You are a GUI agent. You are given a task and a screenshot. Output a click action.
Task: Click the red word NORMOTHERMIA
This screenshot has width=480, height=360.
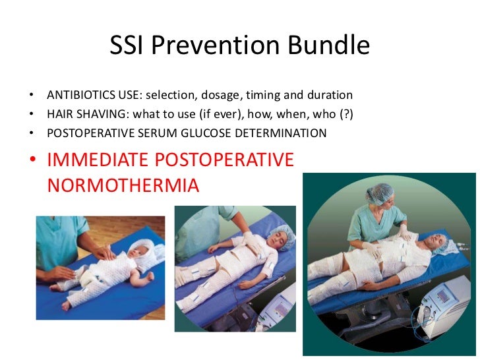[x=123, y=185]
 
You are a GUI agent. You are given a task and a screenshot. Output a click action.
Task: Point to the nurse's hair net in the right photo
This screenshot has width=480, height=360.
[x=380, y=193]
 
